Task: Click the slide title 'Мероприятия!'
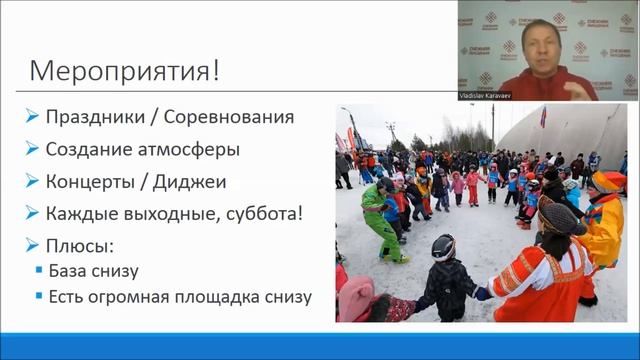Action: pyautogui.click(x=124, y=72)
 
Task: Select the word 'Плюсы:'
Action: pyautogui.click(x=77, y=245)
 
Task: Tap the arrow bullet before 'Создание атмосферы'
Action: pyautogui.click(x=33, y=149)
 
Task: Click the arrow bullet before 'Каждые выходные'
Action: pyautogui.click(x=33, y=213)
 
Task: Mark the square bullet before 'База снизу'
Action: pyautogui.click(x=39, y=270)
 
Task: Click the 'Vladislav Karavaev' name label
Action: pyautogui.click(x=492, y=85)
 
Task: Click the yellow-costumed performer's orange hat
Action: pyautogui.click(x=606, y=181)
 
